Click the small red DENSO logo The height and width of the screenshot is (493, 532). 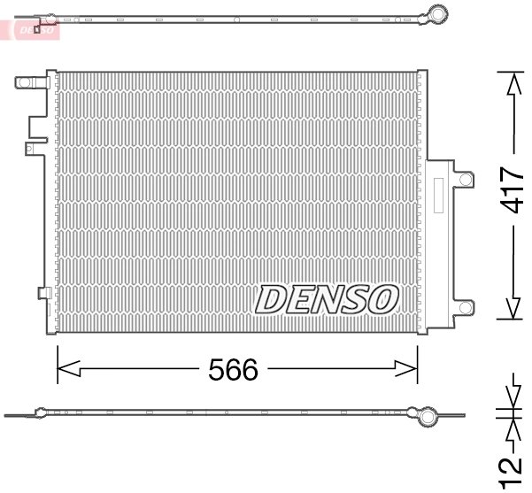click(x=35, y=29)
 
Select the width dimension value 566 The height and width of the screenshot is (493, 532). click(x=235, y=371)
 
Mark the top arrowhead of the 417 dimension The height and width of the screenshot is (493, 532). click(x=511, y=83)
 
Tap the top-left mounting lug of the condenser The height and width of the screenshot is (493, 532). click(x=27, y=84)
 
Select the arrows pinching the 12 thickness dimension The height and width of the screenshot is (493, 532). click(x=511, y=413)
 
